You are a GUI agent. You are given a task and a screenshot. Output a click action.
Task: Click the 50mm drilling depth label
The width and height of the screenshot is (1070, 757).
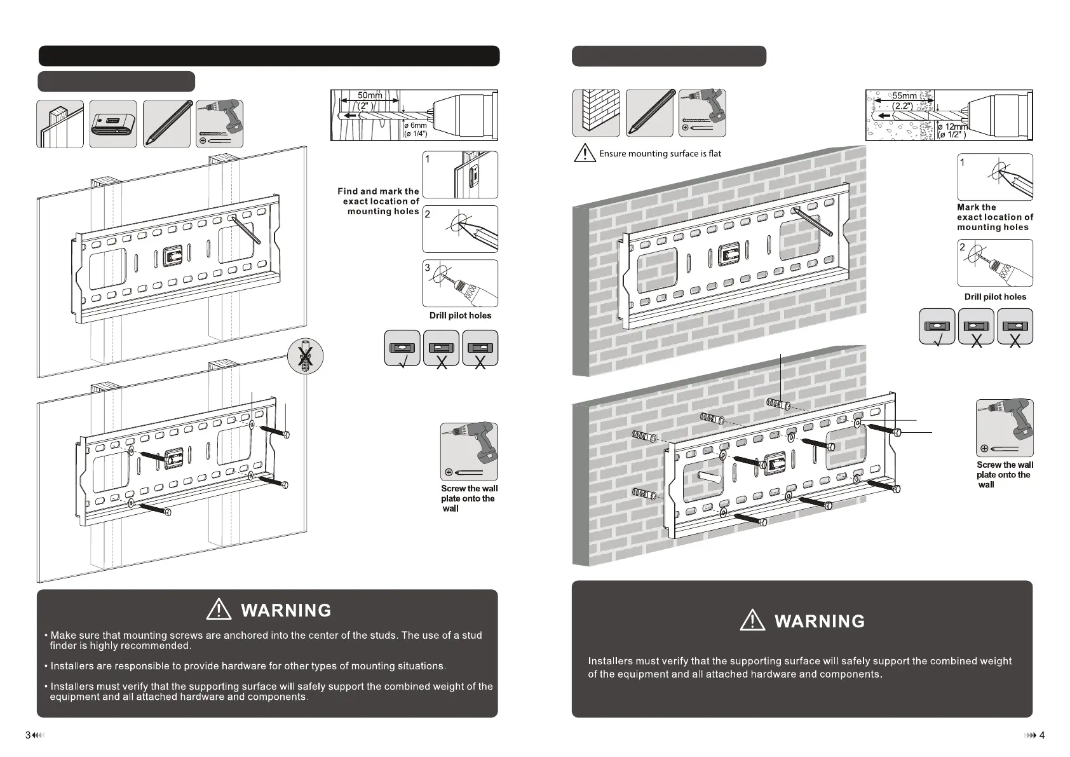pyautogui.click(x=369, y=95)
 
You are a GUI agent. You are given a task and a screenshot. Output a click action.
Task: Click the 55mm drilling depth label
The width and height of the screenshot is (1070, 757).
pyautogui.click(x=904, y=96)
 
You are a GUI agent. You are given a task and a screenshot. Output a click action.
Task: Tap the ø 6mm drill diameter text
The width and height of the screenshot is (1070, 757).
pyautogui.click(x=416, y=126)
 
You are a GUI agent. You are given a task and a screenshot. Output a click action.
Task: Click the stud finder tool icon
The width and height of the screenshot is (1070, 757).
pyautogui.click(x=113, y=124)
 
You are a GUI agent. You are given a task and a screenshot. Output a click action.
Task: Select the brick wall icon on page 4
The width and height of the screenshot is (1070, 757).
pyautogui.click(x=596, y=113)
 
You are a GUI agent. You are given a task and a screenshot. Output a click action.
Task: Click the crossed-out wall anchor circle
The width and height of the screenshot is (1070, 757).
pyautogui.click(x=306, y=356)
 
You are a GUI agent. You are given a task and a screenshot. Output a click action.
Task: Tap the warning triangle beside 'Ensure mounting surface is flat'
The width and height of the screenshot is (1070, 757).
pyautogui.click(x=585, y=153)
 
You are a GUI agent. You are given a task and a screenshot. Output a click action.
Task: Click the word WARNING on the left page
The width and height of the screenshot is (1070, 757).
pyautogui.click(x=286, y=611)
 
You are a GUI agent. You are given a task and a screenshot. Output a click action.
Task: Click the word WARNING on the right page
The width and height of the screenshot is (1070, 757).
pyautogui.click(x=820, y=622)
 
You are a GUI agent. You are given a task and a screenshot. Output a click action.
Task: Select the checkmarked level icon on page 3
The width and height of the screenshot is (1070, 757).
pyautogui.click(x=402, y=348)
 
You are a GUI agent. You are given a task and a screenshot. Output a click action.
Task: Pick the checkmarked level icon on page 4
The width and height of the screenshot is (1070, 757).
pyautogui.click(x=937, y=327)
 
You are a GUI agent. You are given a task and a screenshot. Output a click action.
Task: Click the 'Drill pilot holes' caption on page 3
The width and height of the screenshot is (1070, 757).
pyautogui.click(x=460, y=315)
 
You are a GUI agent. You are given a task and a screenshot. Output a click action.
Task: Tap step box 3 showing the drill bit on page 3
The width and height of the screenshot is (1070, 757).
pyautogui.click(x=460, y=283)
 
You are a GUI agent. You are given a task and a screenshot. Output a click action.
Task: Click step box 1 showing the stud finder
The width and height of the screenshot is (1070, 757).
pyautogui.click(x=460, y=175)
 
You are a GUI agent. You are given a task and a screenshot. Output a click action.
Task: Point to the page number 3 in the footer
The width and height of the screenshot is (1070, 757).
pyautogui.click(x=28, y=735)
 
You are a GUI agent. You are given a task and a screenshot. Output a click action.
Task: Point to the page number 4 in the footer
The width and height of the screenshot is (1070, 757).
pyautogui.click(x=1041, y=735)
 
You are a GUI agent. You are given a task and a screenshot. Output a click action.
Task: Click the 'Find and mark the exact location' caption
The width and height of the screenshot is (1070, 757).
pyautogui.click(x=379, y=201)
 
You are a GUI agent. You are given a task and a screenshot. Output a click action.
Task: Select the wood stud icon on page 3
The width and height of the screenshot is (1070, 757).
pyautogui.click(x=60, y=124)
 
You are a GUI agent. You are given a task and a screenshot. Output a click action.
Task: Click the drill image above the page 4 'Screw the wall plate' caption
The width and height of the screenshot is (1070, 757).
pyautogui.click(x=1005, y=428)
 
